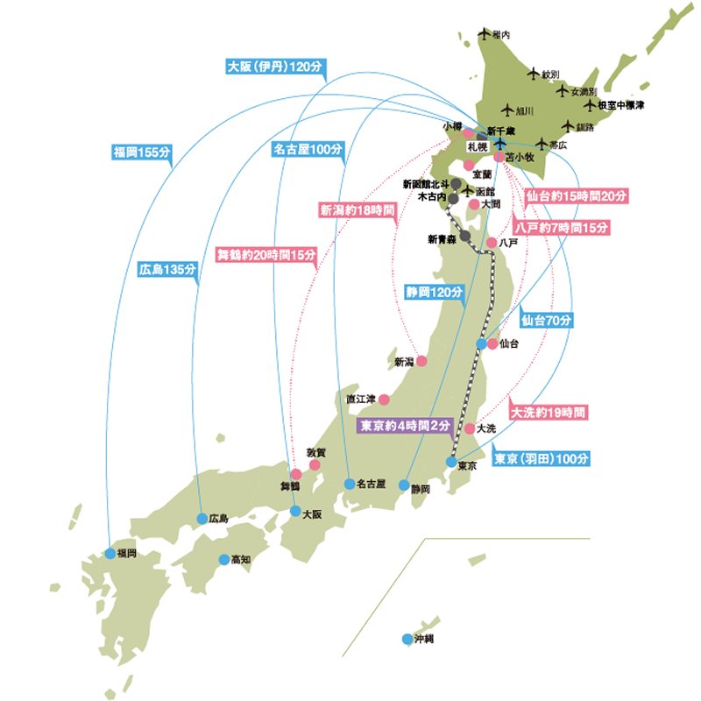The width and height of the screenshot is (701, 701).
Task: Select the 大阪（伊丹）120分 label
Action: (274, 66)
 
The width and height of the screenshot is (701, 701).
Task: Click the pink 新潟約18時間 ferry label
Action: (356, 210)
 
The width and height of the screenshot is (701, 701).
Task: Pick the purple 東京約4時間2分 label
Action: (406, 425)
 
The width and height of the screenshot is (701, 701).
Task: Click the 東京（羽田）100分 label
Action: (542, 458)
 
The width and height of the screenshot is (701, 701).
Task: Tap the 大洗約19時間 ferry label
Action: (549, 410)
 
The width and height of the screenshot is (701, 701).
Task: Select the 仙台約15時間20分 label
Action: (570, 195)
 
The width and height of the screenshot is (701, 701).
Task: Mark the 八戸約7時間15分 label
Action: (562, 227)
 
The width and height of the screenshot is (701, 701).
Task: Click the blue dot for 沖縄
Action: (407, 640)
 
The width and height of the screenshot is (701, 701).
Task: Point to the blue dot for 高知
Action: (223, 558)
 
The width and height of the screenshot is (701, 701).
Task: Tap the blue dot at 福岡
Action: (110, 553)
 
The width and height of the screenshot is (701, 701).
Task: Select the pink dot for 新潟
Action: (421, 361)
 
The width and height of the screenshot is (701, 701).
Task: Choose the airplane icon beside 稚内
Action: (484, 34)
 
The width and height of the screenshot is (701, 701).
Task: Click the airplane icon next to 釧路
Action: (568, 125)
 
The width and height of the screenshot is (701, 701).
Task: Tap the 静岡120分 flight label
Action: (434, 292)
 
